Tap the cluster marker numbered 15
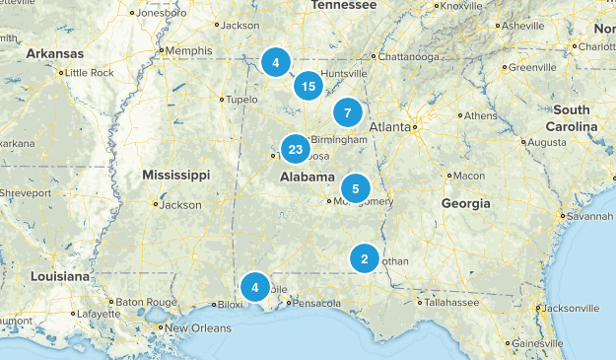coord(309,87)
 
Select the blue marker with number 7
coord(347,112)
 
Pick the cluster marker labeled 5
coord(356,187)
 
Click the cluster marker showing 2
coord(365,259)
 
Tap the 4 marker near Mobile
coord(255,287)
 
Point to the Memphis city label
coord(189,50)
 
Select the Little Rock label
coord(90,72)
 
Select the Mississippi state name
coord(175,175)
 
